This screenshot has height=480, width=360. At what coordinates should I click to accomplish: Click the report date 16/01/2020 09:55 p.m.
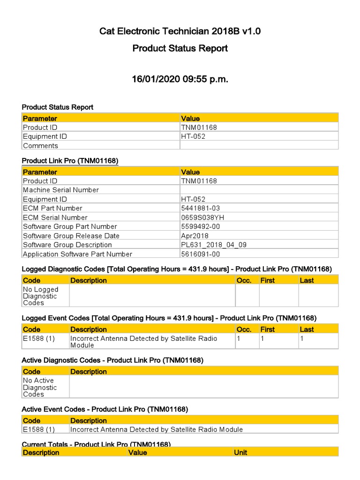tap(180, 79)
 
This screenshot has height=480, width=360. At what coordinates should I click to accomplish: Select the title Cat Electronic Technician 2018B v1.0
tap(180, 31)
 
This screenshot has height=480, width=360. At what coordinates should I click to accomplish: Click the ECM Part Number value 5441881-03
tap(200, 208)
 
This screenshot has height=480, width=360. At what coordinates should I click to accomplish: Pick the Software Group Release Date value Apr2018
tap(195, 236)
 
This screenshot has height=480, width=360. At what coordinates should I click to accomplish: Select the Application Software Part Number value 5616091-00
tap(200, 254)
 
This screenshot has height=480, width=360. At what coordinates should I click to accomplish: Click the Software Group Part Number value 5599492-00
tap(200, 226)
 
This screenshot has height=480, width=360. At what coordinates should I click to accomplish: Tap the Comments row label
tap(40, 146)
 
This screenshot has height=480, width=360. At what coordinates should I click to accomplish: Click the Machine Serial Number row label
tap(60, 190)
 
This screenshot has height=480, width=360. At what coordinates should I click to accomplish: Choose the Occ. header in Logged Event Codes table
tap(244, 330)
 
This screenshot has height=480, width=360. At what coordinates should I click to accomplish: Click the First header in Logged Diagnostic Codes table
tap(267, 280)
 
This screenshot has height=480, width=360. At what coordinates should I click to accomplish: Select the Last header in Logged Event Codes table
tap(307, 330)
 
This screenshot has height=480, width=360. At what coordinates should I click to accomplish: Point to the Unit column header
tap(240, 452)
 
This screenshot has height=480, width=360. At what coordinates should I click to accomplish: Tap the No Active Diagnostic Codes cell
tap(40, 387)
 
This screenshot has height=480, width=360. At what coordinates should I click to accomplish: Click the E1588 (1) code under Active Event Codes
tap(39, 429)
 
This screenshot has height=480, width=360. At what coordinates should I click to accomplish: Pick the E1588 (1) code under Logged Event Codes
tap(39, 338)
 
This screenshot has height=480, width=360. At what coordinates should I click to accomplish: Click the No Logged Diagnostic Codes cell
tap(40, 296)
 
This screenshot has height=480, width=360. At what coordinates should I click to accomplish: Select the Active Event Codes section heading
tap(105, 409)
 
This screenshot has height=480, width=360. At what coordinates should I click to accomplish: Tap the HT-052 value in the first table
tap(193, 136)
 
